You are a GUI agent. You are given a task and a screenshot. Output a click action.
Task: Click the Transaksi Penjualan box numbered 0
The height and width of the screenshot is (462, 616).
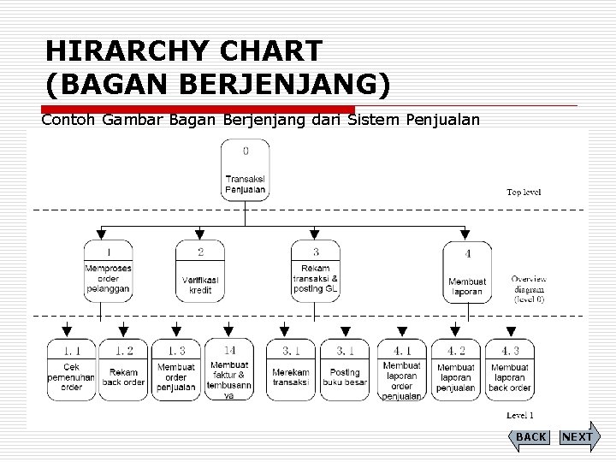246,170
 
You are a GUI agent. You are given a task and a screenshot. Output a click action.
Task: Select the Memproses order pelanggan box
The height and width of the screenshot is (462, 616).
108,270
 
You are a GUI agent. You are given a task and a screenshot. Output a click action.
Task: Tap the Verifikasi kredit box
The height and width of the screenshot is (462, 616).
200,270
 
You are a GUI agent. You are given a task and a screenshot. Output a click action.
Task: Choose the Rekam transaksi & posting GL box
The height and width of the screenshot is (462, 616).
315,270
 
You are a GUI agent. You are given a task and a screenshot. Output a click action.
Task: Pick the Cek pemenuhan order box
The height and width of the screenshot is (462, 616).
71,370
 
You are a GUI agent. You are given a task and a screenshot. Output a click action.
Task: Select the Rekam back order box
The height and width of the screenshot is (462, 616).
123,370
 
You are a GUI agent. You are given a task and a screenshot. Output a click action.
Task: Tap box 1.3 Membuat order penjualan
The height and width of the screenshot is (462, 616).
176,370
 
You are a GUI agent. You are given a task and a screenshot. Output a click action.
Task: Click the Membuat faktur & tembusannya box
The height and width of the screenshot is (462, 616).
229,370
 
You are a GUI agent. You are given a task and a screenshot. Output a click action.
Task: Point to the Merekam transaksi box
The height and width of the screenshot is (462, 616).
291,370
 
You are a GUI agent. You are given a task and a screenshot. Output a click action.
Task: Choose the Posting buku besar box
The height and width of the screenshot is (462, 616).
345,370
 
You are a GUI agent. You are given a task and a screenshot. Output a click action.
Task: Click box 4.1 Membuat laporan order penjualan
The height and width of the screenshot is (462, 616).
401,370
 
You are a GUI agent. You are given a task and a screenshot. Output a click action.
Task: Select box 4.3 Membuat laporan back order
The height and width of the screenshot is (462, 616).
509,370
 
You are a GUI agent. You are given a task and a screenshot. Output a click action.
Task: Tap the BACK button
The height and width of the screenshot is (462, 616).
530,437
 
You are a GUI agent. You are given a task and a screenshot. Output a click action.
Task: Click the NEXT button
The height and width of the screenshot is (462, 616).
578,436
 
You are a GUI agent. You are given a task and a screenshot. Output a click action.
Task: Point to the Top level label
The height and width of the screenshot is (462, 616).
524,192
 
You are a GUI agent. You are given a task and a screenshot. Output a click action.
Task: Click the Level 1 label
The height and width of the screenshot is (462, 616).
520,416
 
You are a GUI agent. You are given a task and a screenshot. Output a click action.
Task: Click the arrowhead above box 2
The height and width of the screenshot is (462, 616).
200,233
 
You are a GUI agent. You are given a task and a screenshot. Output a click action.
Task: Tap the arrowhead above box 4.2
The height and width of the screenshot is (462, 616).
455,331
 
